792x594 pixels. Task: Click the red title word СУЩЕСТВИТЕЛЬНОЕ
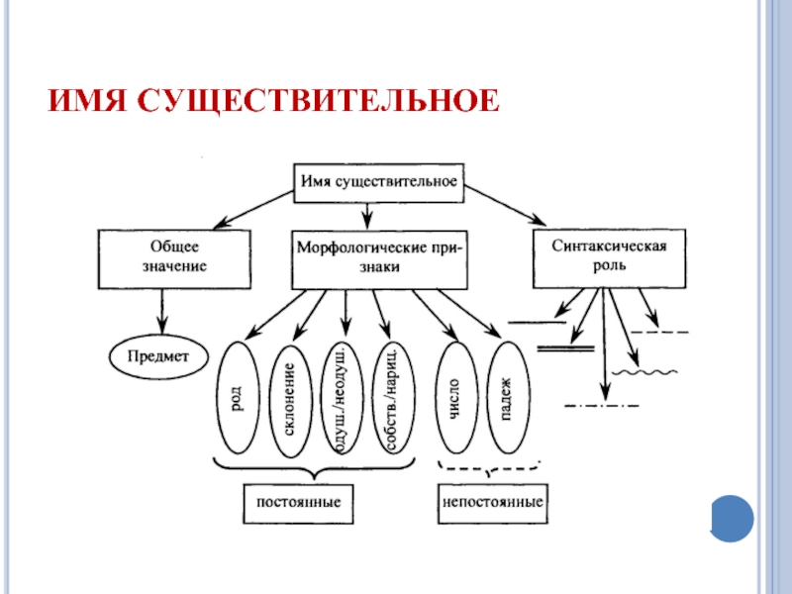click(318, 101)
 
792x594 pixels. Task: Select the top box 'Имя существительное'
click(379, 183)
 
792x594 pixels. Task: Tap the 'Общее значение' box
click(174, 259)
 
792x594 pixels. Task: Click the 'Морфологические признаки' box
click(379, 259)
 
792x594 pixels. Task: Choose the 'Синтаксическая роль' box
click(609, 258)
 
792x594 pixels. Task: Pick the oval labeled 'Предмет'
click(158, 356)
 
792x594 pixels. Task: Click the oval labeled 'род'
click(238, 398)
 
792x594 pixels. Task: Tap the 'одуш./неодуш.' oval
click(342, 398)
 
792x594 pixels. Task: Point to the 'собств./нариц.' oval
click(393, 398)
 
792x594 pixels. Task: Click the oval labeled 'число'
click(456, 398)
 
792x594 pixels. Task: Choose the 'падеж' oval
click(508, 398)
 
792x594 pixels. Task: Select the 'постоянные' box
click(298, 504)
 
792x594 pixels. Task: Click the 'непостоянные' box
click(492, 503)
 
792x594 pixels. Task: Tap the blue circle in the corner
click(732, 519)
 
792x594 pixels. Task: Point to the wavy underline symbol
click(644, 373)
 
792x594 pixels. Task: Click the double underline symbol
click(565, 348)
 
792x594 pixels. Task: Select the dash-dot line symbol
click(602, 405)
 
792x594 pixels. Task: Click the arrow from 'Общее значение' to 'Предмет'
click(162, 312)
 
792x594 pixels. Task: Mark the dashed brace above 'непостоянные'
click(489, 468)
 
